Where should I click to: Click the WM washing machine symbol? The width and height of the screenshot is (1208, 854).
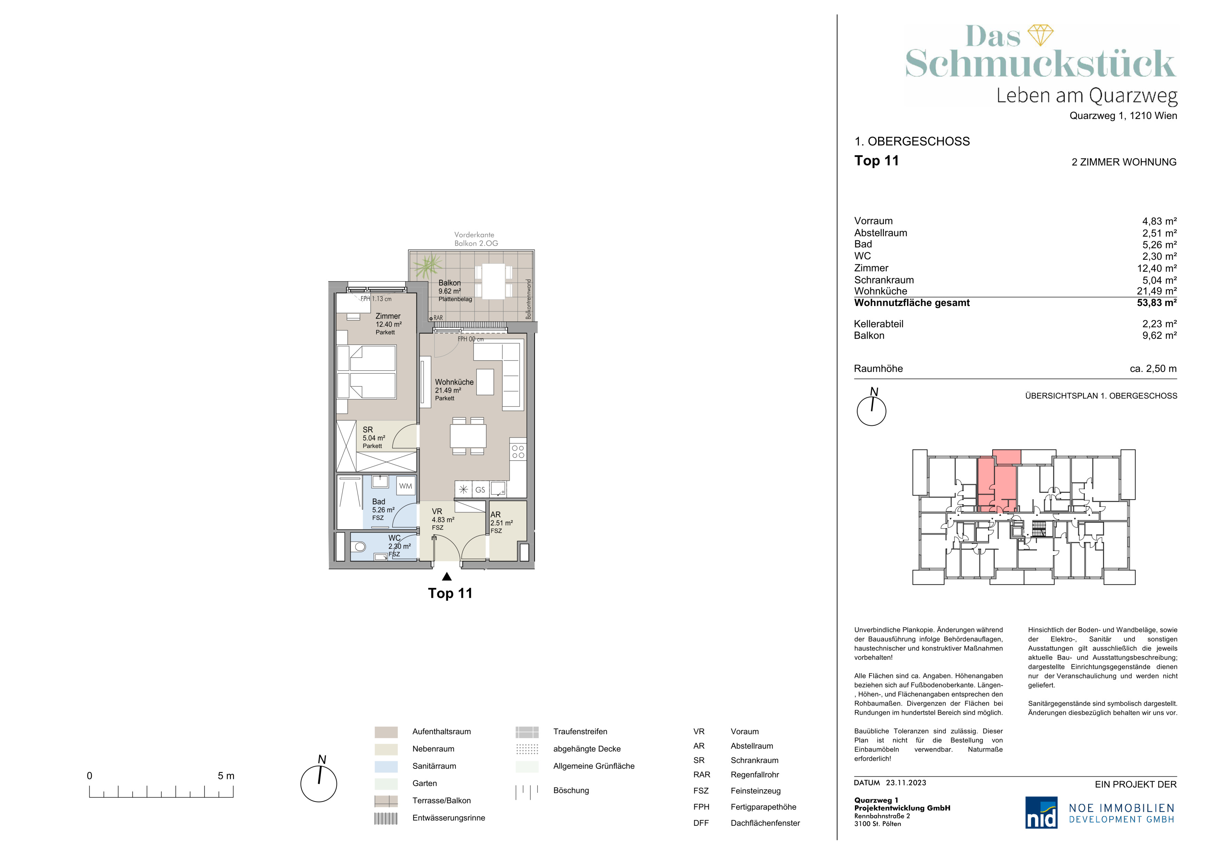point(406,486)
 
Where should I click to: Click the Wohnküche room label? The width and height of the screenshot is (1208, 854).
point(454,382)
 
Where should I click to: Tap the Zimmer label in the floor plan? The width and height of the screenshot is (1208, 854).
point(388,316)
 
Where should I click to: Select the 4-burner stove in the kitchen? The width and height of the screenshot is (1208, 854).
point(518,452)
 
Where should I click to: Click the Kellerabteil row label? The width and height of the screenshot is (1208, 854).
point(879,324)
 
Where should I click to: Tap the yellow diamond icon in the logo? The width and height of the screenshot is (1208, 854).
point(1040,35)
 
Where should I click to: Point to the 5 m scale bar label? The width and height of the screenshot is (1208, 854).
point(226,776)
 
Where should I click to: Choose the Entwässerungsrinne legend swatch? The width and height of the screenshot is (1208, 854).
point(386,818)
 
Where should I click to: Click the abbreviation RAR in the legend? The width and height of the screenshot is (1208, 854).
point(702,775)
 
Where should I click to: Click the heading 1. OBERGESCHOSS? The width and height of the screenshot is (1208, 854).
point(912,141)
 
